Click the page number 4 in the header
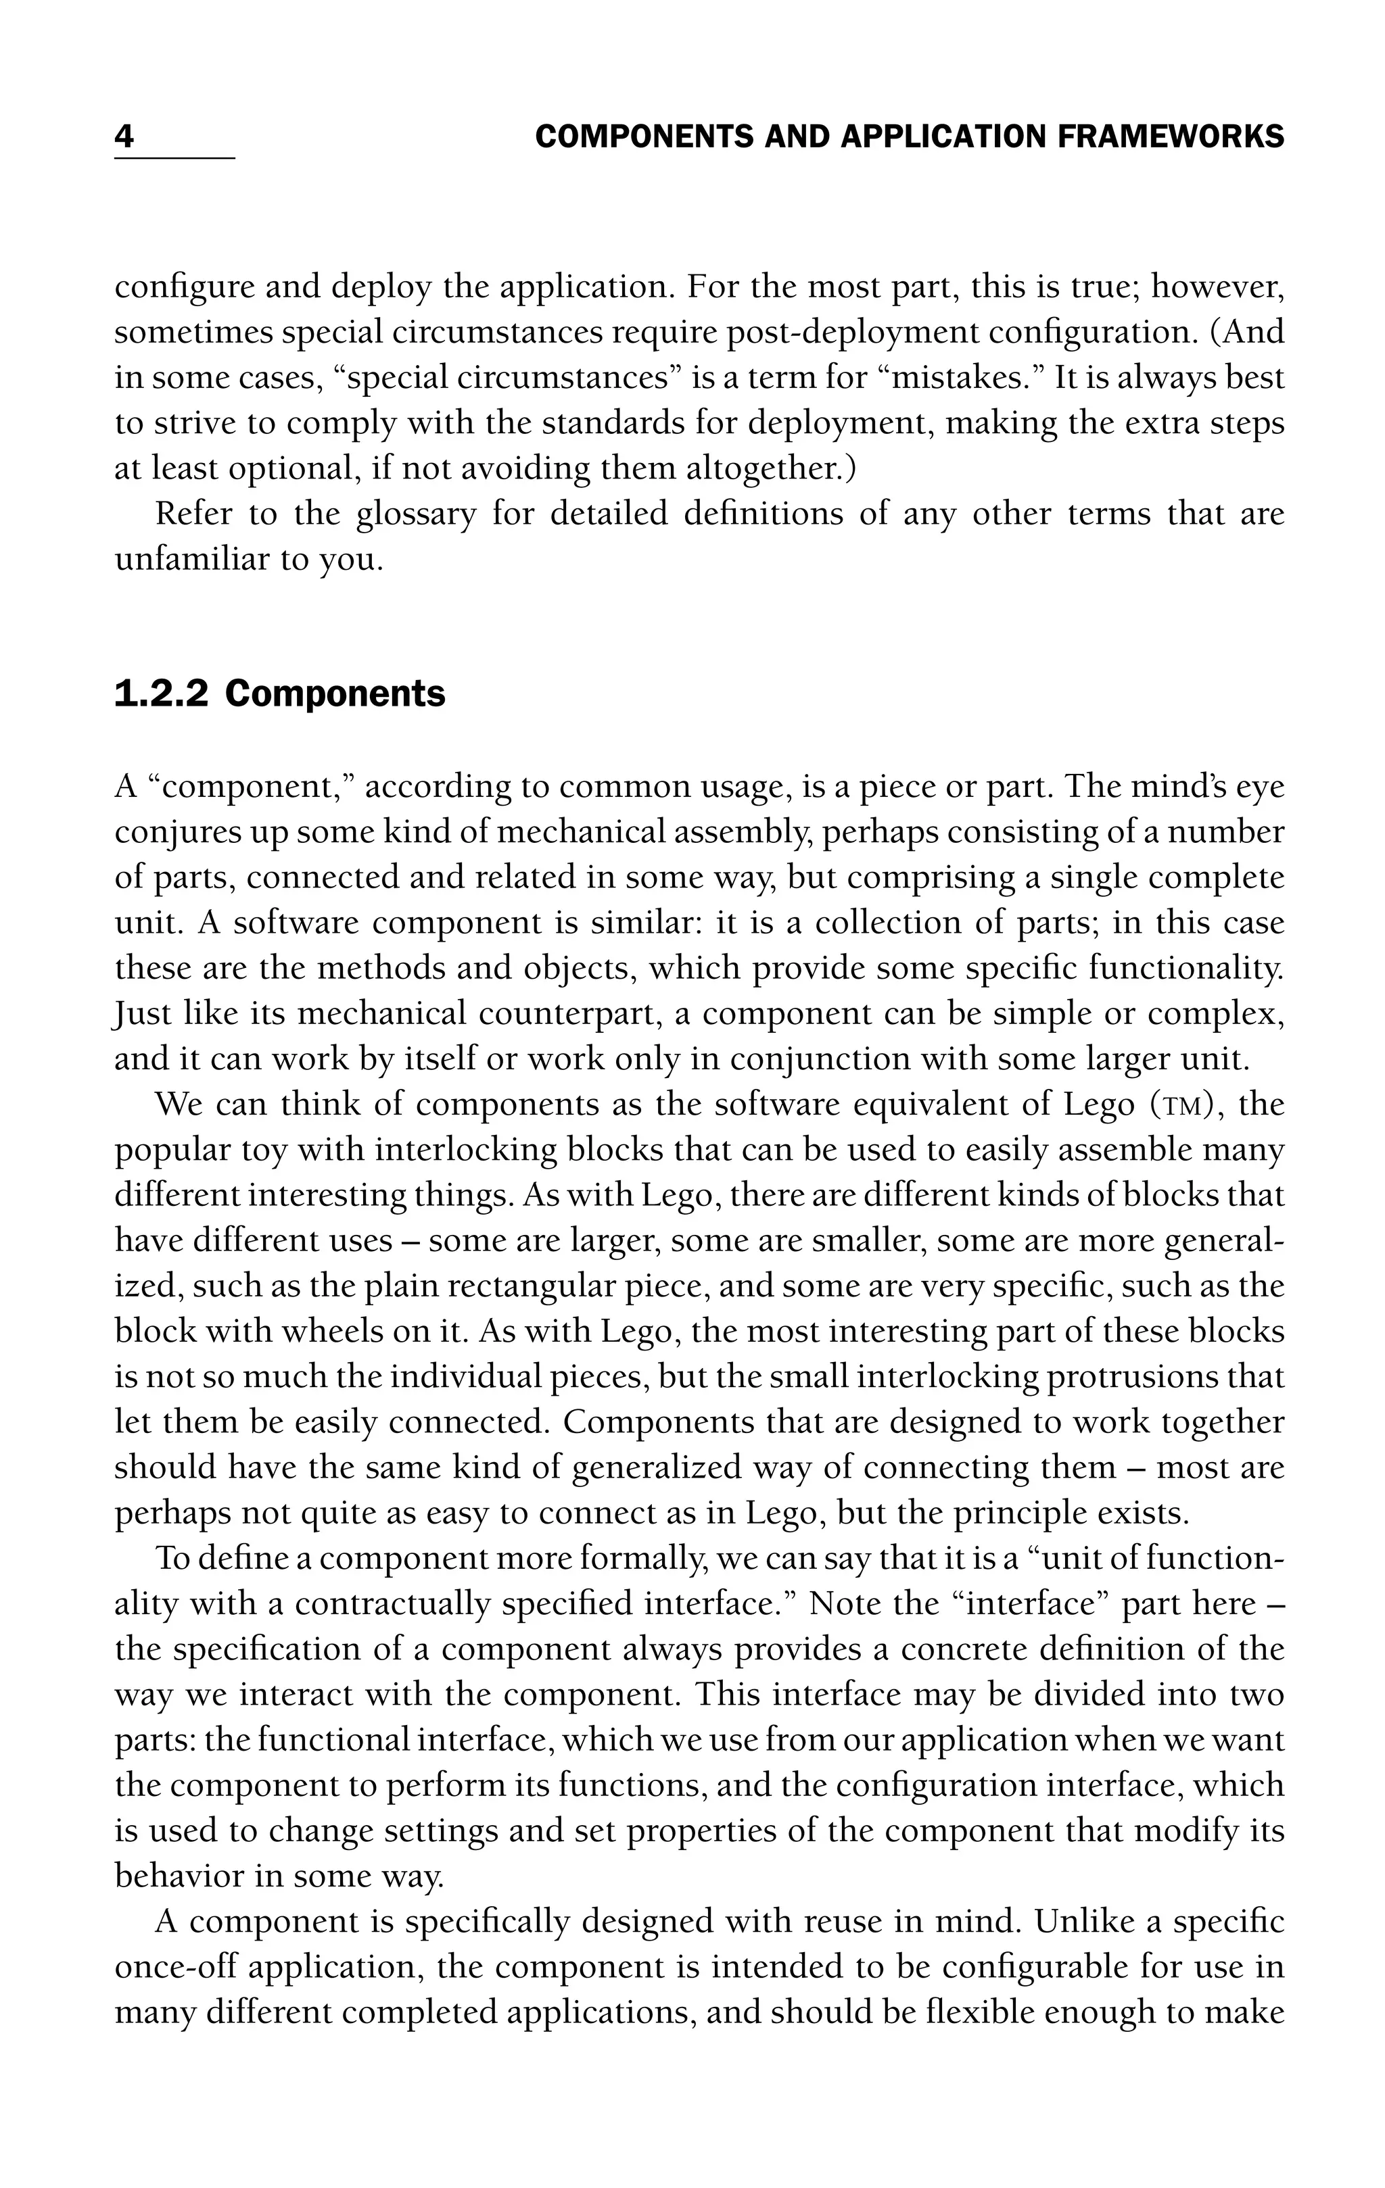pyautogui.click(x=124, y=137)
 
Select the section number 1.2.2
pyautogui.click(x=161, y=694)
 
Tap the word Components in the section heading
pyautogui.click(x=335, y=694)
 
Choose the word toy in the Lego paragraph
pyautogui.click(x=264, y=1150)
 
